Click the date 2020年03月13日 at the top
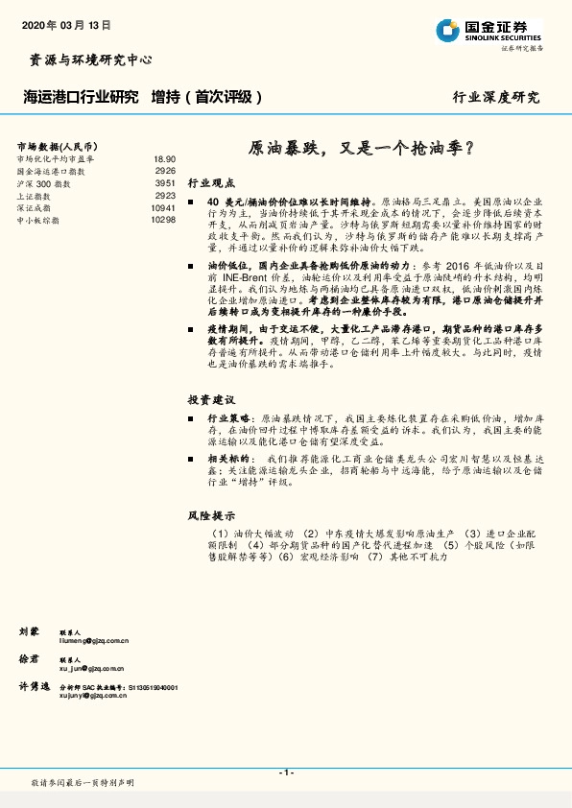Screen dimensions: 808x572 pos(64,25)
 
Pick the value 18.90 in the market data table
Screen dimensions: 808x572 pos(164,158)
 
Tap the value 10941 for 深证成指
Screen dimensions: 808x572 pos(163,208)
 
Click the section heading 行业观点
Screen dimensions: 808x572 pos(211,181)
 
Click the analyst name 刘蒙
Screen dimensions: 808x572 pos(29,631)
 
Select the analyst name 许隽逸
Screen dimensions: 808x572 pos(34,687)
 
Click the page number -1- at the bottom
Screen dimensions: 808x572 pos(286,772)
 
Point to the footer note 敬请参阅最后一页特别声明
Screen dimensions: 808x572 pos(83,783)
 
